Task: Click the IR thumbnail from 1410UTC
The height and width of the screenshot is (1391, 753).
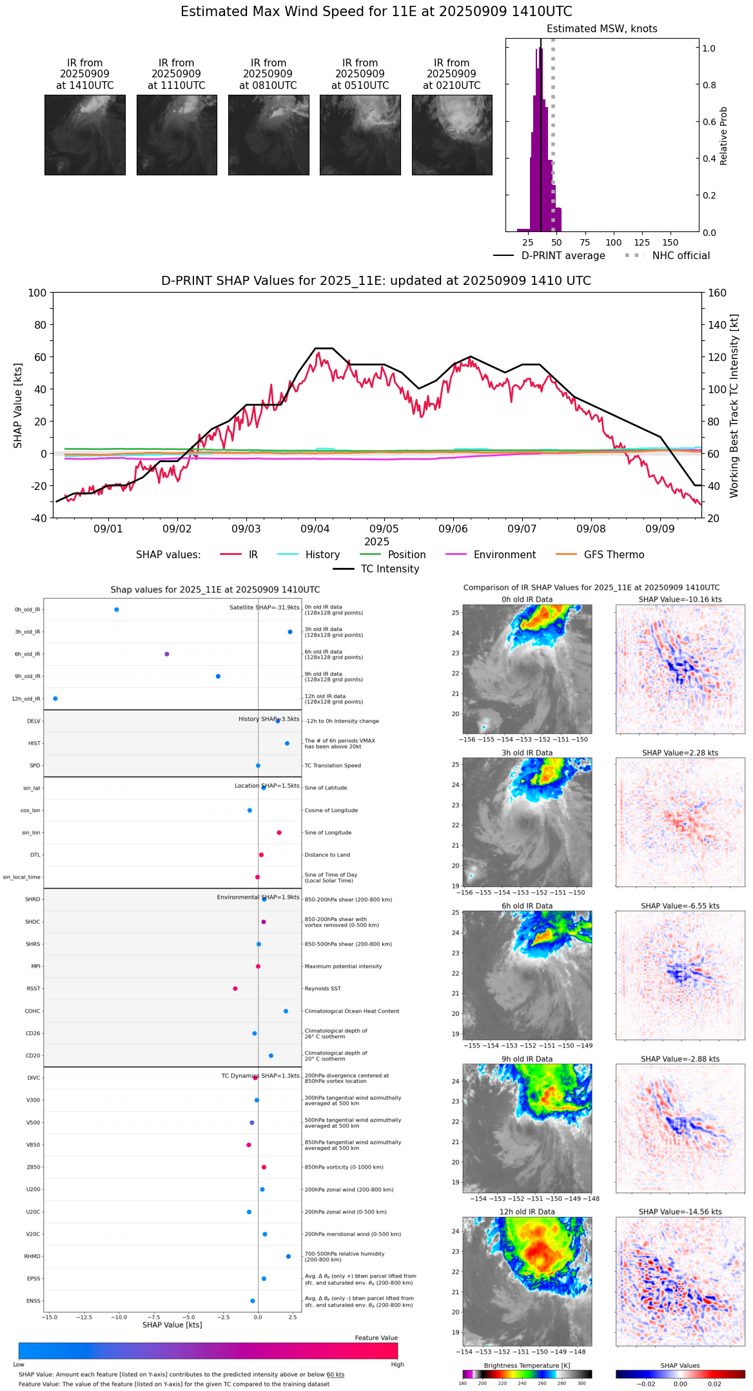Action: click(84, 135)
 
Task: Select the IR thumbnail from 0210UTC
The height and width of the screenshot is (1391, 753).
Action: click(452, 135)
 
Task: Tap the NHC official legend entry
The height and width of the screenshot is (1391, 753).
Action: click(680, 256)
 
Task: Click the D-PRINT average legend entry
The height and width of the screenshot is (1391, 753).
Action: click(563, 256)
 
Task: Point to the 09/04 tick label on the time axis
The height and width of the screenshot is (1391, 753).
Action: click(315, 529)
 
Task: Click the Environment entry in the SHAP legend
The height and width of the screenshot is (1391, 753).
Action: click(504, 555)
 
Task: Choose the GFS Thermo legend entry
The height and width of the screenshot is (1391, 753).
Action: click(614, 555)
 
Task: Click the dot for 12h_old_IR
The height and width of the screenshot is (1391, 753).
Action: click(55, 699)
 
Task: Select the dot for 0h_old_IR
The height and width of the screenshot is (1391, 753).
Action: click(117, 610)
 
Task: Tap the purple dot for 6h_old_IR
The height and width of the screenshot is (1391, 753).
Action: click(167, 654)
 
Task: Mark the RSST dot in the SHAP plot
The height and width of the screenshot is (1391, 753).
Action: click(235, 989)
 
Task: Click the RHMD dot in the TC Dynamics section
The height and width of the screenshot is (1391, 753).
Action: click(288, 1256)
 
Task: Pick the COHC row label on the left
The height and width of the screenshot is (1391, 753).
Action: click(32, 1011)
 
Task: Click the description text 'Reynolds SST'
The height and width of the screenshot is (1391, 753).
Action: click(323, 989)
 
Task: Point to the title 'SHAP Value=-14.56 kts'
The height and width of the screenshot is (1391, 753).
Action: click(680, 1212)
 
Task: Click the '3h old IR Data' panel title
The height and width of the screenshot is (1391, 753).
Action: click(527, 753)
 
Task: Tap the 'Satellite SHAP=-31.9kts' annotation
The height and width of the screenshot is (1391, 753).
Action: click(264, 607)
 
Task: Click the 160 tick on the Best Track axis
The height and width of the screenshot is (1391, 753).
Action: click(717, 293)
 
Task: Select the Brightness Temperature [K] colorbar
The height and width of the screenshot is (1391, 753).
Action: click(527, 1374)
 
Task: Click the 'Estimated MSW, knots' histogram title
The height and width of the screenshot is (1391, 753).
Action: click(602, 29)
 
